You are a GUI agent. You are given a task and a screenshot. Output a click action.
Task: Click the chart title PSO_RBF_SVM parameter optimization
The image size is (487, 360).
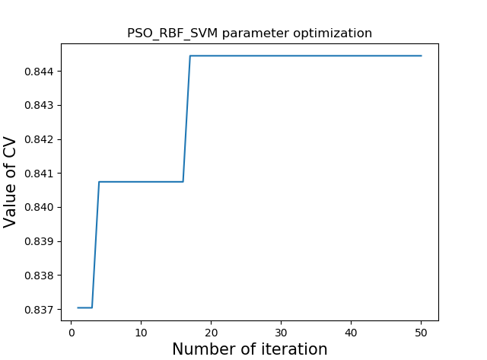click(x=250, y=33)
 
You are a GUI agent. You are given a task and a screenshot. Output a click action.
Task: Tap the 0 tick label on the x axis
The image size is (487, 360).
click(x=71, y=332)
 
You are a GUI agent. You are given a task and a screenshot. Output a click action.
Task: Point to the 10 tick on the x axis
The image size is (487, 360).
click(x=141, y=332)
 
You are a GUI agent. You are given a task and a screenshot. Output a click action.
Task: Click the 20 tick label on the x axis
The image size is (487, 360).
click(x=211, y=332)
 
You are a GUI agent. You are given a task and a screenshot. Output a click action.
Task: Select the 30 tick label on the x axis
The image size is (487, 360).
click(x=281, y=332)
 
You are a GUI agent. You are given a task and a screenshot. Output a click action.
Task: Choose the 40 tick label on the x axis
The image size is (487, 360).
click(x=351, y=332)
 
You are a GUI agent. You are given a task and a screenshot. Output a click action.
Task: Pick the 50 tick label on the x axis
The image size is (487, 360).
click(x=421, y=332)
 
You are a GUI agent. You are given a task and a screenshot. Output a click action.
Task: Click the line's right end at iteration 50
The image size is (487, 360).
click(x=421, y=56)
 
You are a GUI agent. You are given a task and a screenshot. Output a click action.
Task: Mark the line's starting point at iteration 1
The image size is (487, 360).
click(x=78, y=307)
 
